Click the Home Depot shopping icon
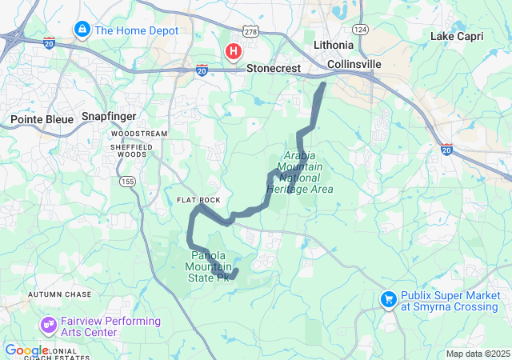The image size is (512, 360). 82,30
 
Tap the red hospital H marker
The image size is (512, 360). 234,53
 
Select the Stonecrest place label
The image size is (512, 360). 274,69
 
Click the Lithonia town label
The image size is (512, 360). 333,45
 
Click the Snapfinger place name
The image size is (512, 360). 109,117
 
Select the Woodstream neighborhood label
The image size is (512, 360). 139,133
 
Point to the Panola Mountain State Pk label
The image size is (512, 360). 209,266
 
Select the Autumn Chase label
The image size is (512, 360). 60,294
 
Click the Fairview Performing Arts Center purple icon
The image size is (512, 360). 48,326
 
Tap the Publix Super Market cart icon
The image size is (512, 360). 389,299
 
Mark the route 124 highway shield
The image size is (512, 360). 360,30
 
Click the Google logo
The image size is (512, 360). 26,350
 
